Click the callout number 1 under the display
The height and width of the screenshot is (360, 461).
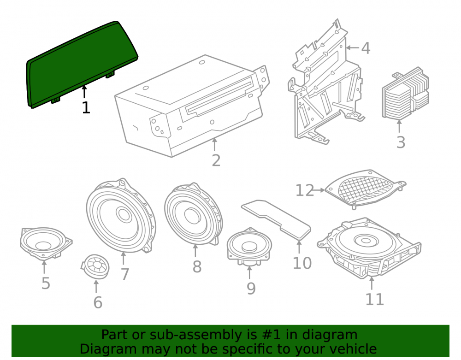(86, 107)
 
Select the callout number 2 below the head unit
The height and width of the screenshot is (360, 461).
(216, 160)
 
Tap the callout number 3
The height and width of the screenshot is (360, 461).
(401, 142)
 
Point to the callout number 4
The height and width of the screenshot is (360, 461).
(366, 48)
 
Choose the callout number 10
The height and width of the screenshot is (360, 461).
(302, 263)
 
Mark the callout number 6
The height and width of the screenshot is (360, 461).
(98, 302)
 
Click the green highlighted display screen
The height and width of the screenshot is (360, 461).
(83, 65)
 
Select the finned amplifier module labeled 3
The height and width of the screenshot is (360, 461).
(405, 94)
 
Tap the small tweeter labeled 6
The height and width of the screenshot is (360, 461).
(95, 267)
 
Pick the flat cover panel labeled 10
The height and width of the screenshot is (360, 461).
(276, 219)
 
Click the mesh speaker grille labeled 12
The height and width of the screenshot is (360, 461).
(366, 189)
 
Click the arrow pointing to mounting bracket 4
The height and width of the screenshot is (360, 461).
(353, 47)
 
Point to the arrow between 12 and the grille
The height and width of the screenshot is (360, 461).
(319, 190)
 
